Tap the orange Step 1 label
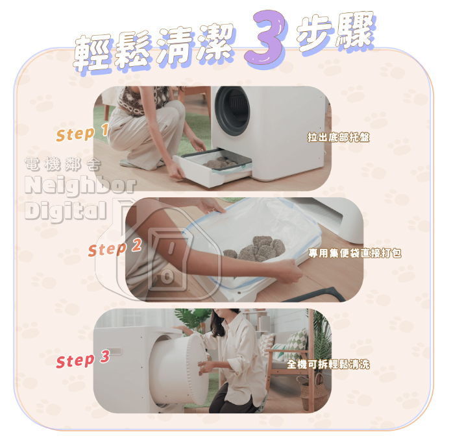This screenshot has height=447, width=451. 82,132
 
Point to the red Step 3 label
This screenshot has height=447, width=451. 83,359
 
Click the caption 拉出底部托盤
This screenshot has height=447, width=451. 339,137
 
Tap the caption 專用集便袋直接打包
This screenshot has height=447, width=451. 355,253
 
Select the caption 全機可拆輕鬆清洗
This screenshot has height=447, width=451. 328,365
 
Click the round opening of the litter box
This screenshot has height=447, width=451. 232,111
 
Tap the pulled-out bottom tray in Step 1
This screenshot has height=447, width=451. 213,167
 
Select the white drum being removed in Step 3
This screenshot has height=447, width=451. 179,370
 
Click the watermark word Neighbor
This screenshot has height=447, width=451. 80,186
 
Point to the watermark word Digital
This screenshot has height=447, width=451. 66,211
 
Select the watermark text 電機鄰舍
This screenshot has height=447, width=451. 63,164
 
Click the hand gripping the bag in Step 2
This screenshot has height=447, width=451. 288,271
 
